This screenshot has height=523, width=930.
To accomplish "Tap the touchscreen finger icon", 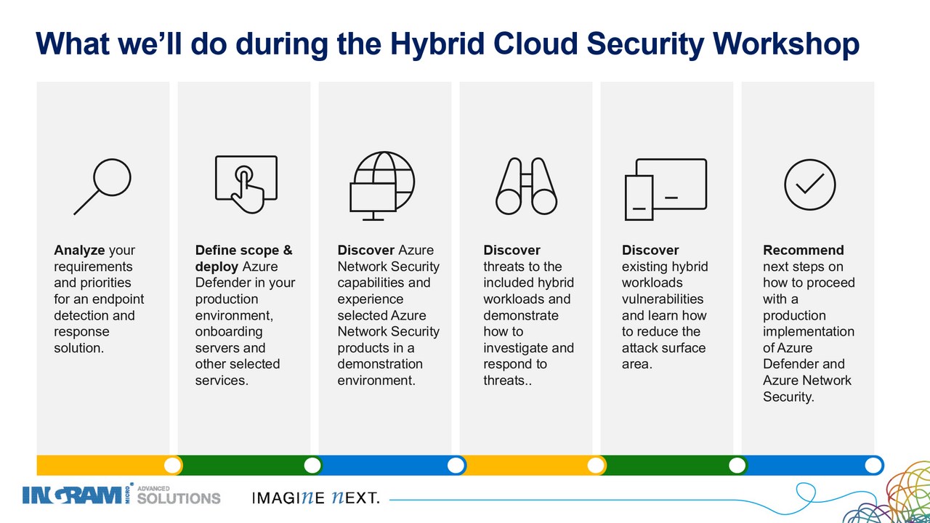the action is click(x=246, y=185).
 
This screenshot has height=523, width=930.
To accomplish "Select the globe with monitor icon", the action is click(x=382, y=185).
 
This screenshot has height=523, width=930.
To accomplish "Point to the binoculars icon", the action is click(x=527, y=186).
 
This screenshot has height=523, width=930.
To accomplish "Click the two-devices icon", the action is click(x=666, y=190).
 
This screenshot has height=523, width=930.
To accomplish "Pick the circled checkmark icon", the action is click(x=810, y=185).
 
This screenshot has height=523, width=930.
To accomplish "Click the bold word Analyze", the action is click(x=79, y=251).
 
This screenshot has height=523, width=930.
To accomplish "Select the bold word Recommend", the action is click(x=804, y=250).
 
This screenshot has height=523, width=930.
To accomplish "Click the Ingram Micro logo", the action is click(x=78, y=495).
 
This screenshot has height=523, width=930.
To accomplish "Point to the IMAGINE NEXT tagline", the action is click(x=316, y=498).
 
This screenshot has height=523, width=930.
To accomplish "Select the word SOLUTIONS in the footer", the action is click(x=179, y=498).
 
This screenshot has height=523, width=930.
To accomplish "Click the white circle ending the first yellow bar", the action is click(x=172, y=466).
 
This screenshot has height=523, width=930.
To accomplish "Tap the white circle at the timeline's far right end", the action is click(x=873, y=466).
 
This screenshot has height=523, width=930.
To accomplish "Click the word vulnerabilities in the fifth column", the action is click(x=663, y=299).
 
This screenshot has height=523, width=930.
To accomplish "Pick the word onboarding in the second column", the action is click(x=229, y=332).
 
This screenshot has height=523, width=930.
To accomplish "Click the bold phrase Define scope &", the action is click(x=243, y=251).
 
